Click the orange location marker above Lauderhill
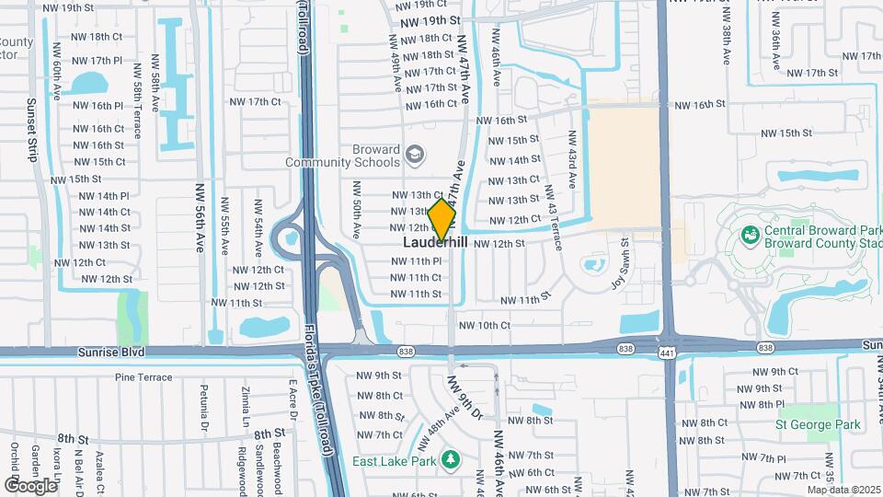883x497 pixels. pyautogui.click(x=442, y=219)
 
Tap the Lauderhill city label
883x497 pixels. pyautogui.click(x=435, y=243)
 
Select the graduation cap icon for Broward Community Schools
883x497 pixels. pyautogui.click(x=415, y=154)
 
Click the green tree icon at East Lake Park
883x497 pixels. pyautogui.click(x=450, y=458)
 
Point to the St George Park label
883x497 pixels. pyautogui.click(x=818, y=425)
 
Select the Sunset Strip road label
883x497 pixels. pyautogui.click(x=31, y=130)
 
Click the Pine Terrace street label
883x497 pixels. pyautogui.click(x=143, y=377)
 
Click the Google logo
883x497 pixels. pyautogui.click(x=31, y=485)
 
